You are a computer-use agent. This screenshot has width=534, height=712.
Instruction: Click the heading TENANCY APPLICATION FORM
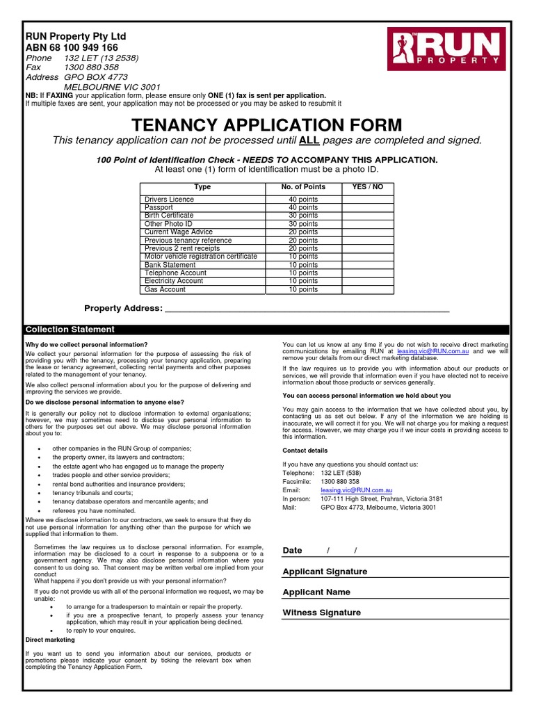click(267, 125)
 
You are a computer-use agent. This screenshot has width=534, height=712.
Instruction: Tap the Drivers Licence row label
click(169, 200)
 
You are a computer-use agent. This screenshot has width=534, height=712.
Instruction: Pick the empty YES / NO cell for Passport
click(367, 207)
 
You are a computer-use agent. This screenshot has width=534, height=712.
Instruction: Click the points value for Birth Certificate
click(303, 216)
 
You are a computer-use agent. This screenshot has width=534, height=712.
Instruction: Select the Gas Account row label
click(165, 289)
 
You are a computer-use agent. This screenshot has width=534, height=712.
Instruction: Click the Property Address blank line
click(306, 308)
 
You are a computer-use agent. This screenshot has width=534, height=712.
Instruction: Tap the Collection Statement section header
click(70, 330)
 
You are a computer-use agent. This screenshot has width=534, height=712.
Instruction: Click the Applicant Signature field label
click(325, 572)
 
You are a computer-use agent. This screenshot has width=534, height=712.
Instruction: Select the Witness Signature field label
click(322, 613)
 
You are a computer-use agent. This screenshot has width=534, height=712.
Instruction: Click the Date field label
click(293, 551)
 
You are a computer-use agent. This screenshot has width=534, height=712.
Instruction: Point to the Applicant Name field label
click(316, 592)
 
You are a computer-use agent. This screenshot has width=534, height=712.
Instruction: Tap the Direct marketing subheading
click(50, 639)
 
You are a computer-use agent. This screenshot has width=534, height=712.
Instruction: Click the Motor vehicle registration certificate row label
click(201, 257)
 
